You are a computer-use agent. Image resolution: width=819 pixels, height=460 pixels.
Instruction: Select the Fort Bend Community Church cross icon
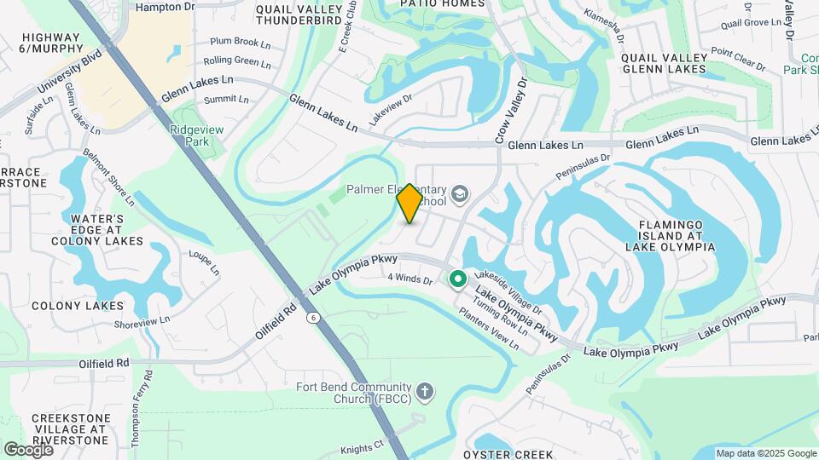coord(425,391)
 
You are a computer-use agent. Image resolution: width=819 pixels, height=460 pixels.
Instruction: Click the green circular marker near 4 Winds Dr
coord(457,278)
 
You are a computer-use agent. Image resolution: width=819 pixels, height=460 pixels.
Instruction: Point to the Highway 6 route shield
coord(315,318)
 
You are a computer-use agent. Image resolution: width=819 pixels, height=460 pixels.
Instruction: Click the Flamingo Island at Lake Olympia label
coord(669,235)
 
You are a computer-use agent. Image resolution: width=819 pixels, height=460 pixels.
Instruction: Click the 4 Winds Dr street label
coord(412,278)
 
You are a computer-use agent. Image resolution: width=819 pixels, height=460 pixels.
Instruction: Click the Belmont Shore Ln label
coord(108,178)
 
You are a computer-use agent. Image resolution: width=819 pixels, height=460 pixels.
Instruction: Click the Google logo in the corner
coord(28,449)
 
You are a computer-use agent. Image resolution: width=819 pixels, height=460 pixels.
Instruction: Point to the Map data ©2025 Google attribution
coord(764,453)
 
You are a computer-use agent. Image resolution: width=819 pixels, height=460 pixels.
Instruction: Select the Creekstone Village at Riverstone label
coord(71,429)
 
